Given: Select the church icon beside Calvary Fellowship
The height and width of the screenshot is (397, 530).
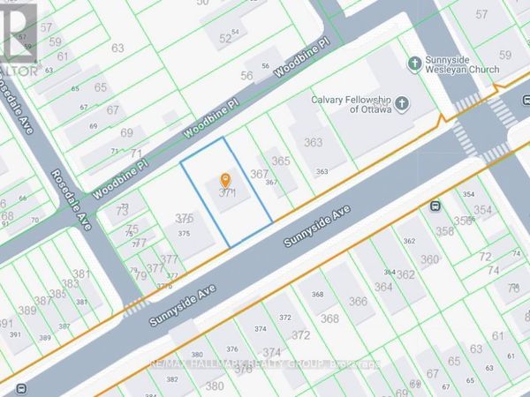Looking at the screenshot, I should pos(402,104).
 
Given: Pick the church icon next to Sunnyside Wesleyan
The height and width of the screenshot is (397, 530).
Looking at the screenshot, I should pos(413,63).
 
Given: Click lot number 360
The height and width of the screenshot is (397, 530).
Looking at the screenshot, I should pos(429,259).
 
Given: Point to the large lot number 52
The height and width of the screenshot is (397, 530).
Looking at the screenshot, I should pos(224,38).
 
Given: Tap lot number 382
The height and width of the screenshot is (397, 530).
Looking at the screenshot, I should pos(172,379).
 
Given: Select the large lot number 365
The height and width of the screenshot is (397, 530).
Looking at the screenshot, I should pos(281,161).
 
